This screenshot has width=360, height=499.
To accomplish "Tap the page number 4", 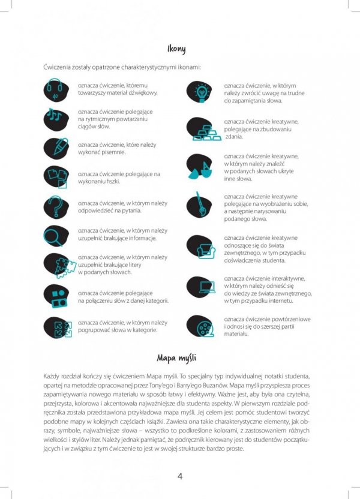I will point(180,476).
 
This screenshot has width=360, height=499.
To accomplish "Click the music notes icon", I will point(56,118).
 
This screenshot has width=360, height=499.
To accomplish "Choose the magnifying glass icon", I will point(56,235).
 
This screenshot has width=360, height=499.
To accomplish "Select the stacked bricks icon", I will point(202,130).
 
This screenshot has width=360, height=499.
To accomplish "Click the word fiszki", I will point(112,181).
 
